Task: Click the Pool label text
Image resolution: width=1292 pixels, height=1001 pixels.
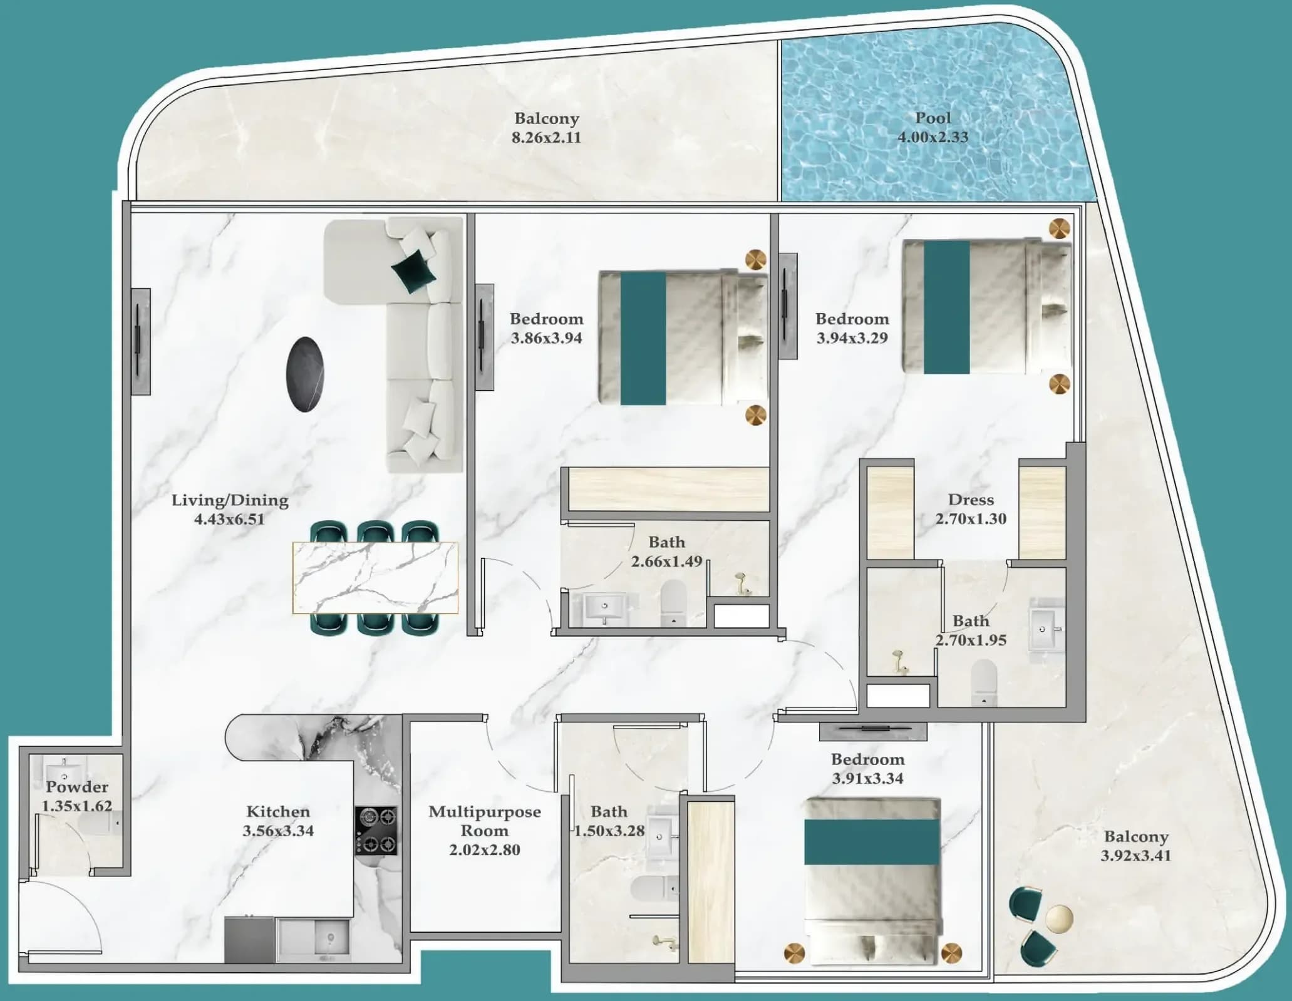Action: (933, 118)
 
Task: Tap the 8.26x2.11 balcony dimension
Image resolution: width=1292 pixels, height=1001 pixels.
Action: (546, 138)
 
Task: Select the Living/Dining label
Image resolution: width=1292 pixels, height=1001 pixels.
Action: (230, 500)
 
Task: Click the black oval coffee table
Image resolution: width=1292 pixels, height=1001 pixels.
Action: (305, 374)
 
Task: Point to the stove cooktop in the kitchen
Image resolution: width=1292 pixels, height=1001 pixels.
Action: (376, 831)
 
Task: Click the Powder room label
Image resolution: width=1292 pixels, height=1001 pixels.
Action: (76, 787)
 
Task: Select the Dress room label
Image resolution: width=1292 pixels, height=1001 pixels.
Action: (971, 500)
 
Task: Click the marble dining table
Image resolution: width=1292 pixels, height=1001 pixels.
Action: (375, 578)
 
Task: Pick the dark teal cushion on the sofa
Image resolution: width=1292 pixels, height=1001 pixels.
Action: (413, 270)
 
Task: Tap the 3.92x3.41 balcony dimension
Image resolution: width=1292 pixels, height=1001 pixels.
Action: (1135, 856)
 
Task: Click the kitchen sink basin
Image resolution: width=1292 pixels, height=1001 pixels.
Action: (329, 938)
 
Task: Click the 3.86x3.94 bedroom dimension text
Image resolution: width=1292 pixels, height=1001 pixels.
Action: (546, 338)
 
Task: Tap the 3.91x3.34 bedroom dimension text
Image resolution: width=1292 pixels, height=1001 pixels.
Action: (867, 779)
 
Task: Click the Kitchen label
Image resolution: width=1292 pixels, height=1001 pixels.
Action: (278, 812)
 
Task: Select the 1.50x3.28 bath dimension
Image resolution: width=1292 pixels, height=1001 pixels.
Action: (609, 831)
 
